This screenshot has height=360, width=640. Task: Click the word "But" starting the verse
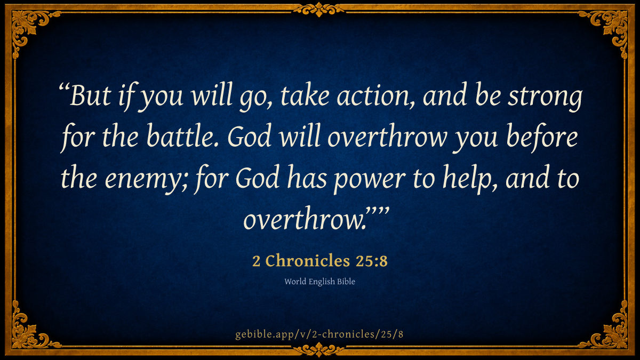click(90, 95)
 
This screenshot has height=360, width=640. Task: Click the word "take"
click(305, 95)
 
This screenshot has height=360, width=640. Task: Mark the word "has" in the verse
click(307, 177)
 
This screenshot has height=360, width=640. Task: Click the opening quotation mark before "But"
click(64, 86)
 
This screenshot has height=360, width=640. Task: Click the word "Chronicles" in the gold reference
click(308, 261)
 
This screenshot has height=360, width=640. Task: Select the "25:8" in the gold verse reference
click(371, 261)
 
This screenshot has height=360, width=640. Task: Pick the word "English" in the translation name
click(322, 282)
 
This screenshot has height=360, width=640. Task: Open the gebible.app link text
click(319, 334)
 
